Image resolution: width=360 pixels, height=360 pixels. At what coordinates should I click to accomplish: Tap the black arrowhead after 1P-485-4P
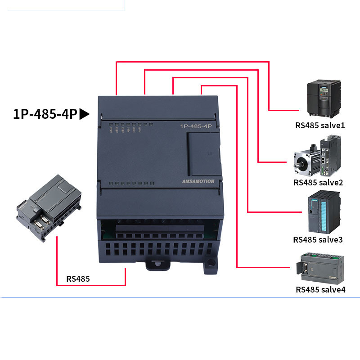click(85, 114)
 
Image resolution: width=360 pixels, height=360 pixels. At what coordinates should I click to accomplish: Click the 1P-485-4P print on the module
click(196, 127)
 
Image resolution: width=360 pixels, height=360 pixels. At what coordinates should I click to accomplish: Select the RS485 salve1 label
click(320, 125)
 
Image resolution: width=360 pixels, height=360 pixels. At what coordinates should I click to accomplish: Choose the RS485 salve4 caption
click(320, 289)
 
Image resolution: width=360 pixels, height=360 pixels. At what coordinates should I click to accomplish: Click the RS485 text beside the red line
click(78, 279)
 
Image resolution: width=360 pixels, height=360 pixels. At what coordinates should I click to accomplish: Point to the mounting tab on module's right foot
click(209, 265)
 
